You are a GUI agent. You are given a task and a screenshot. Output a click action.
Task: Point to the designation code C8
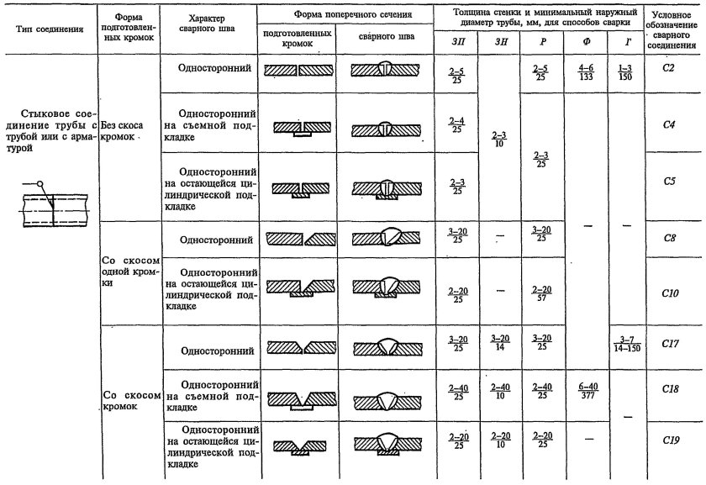click(x=670, y=238)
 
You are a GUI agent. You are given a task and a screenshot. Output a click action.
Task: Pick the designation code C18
click(x=670, y=391)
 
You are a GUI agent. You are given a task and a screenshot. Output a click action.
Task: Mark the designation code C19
click(x=670, y=440)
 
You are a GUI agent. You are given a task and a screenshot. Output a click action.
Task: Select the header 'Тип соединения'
click(x=49, y=29)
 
